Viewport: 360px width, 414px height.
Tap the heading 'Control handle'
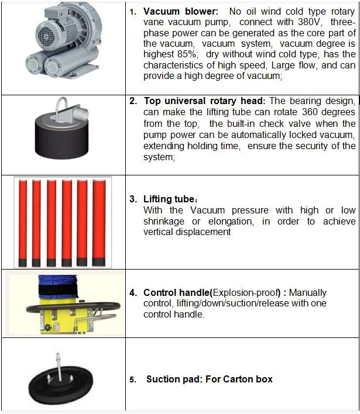tap(176, 292)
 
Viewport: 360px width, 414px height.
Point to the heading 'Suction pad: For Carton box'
tap(209, 379)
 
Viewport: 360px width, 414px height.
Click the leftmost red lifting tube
tap(22, 222)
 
